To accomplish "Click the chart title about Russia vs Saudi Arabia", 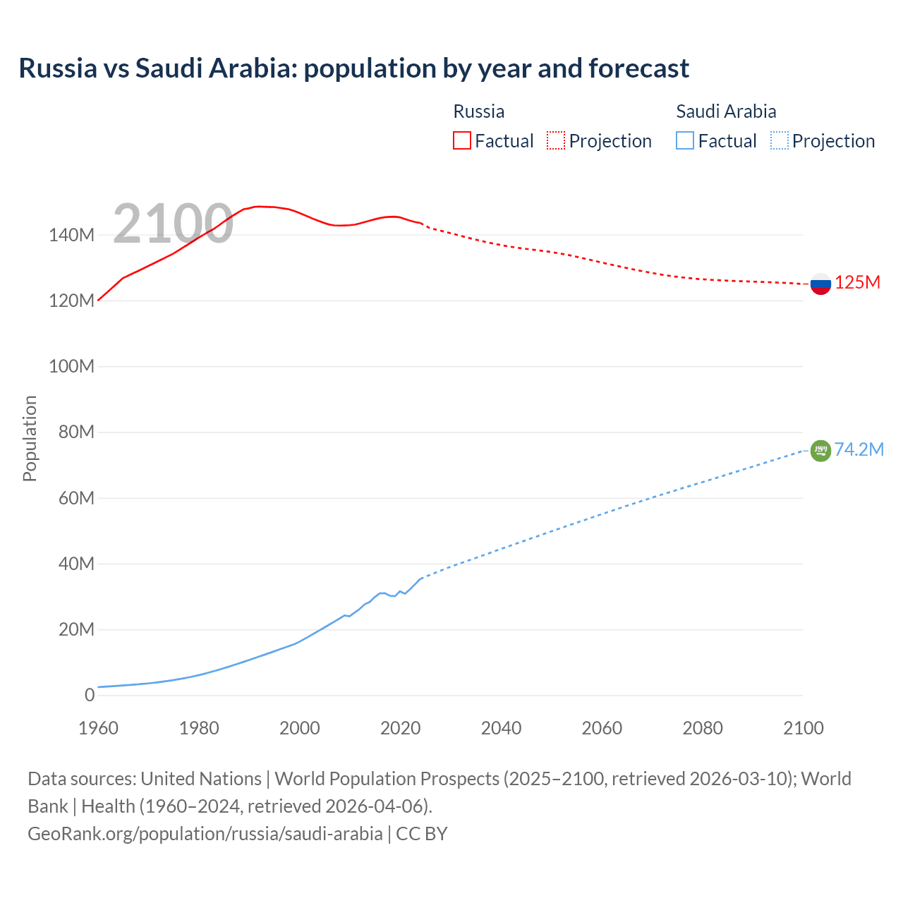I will pyautogui.click(x=353, y=68).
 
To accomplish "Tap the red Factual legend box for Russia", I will pyautogui.click(x=461, y=140).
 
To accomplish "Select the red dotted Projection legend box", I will pyautogui.click(x=556, y=140).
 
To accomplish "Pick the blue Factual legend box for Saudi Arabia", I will pyautogui.click(x=684, y=140).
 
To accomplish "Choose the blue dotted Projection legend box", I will pyautogui.click(x=780, y=140).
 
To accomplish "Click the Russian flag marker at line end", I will pyautogui.click(x=820, y=284).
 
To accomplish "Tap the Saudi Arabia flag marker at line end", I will pyautogui.click(x=820, y=450).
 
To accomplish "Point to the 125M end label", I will pyautogui.click(x=857, y=283).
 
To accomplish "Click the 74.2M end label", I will pyautogui.click(x=859, y=450).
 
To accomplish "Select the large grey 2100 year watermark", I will pyautogui.click(x=173, y=224).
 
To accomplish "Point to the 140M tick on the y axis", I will pyautogui.click(x=71, y=236).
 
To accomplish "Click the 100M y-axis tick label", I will pyautogui.click(x=71, y=367).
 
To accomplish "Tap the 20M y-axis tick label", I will pyautogui.click(x=76, y=629).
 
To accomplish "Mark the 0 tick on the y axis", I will pyautogui.click(x=89, y=695).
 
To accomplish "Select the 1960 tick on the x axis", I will pyautogui.click(x=98, y=728).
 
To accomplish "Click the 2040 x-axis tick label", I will pyautogui.click(x=501, y=728).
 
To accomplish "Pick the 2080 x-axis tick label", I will pyautogui.click(x=703, y=728).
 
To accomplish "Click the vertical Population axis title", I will pyautogui.click(x=30, y=438).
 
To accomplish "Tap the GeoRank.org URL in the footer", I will pyautogui.click(x=205, y=834).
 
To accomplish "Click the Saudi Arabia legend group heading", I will pyautogui.click(x=726, y=111).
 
